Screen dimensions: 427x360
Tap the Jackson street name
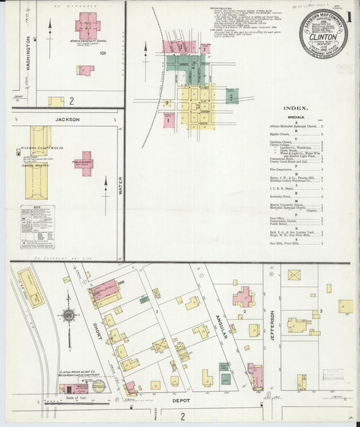point(68,120)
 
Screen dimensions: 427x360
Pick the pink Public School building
point(84,163)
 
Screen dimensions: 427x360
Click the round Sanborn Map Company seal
point(324,32)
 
